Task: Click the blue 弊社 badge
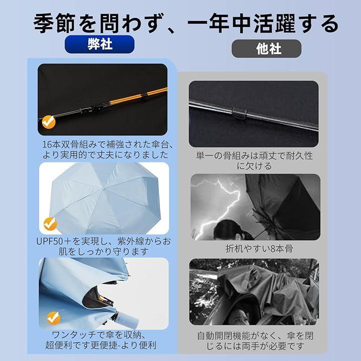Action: pos(99,44)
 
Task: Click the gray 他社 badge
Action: pos(266,49)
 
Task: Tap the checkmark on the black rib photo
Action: pos(49,122)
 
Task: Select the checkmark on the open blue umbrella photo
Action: pos(50,224)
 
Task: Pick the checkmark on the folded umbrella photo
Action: pos(54,318)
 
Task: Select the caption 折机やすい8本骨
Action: pos(259,249)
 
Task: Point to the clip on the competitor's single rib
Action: pos(240,113)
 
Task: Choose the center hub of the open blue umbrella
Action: pos(104,189)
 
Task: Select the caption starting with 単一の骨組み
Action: pos(254,161)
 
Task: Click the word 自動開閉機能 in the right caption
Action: pos(224,336)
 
